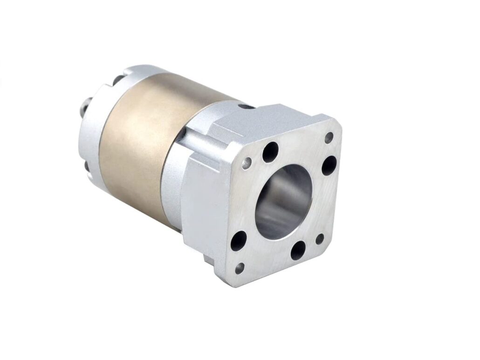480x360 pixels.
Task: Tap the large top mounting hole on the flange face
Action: click(x=270, y=151)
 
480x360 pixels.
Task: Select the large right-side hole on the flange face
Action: click(x=329, y=165)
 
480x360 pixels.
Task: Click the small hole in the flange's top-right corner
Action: click(x=329, y=137)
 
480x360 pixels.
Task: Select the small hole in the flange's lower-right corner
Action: click(x=320, y=239)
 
